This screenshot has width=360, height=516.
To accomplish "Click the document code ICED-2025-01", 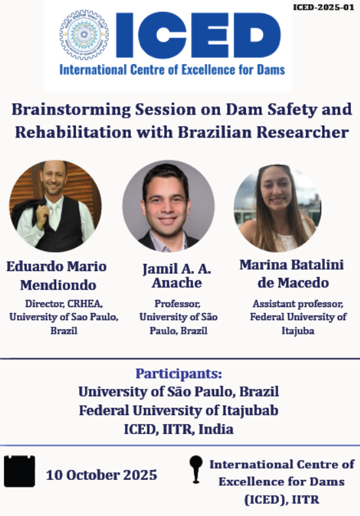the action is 323,7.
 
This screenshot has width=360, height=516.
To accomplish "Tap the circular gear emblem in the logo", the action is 84,35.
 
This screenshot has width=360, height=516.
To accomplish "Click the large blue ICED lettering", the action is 198,35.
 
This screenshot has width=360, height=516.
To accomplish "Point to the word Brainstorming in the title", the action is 71,109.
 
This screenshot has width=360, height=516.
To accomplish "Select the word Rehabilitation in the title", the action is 73,132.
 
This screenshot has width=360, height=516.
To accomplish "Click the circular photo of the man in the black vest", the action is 55,206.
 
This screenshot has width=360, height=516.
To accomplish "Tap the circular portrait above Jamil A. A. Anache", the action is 168,206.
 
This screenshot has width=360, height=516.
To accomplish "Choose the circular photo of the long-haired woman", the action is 278,208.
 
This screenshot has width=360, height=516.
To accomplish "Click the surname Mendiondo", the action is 58,286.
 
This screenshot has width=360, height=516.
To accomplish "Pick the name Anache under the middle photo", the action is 177,283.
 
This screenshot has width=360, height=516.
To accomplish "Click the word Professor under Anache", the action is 177,304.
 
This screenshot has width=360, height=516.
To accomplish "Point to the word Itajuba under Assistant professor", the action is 298,331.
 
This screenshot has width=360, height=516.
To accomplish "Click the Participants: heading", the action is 179,374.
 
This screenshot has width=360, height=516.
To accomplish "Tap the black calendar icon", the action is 20,471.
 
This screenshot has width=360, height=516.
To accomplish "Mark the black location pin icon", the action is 196,470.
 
